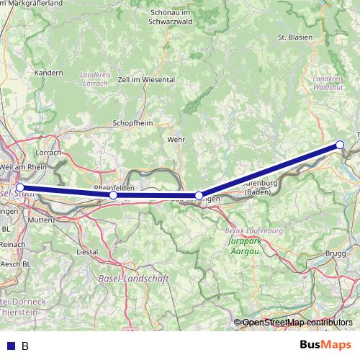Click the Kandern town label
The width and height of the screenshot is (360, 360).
pyautogui.click(x=49, y=73)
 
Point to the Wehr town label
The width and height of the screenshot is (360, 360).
pyautogui.click(x=176, y=138)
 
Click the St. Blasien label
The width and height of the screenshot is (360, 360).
pyautogui.click(x=294, y=37)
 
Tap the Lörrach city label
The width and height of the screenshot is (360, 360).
pyautogui.click(x=48, y=153)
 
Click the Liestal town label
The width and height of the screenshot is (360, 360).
pyautogui.click(x=87, y=252)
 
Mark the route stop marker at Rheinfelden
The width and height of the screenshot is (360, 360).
pyautogui.click(x=113, y=195)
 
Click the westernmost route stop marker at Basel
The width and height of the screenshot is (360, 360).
pyautogui.click(x=20, y=187)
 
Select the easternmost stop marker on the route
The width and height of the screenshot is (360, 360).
pyautogui.click(x=341, y=145)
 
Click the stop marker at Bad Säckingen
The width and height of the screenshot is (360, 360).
pyautogui.click(x=199, y=195)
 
